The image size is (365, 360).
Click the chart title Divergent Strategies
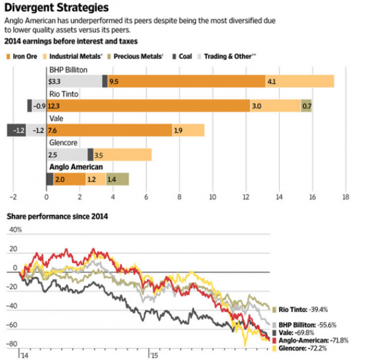click(57, 8)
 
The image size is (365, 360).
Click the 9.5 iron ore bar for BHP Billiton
click(186, 81)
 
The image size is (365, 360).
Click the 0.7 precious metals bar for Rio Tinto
click(306, 106)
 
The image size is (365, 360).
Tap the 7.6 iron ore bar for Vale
click(109, 130)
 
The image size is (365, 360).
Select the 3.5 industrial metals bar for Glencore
click(122, 154)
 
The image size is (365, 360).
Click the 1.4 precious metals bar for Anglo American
click(117, 179)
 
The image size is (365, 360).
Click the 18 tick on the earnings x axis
click(346, 197)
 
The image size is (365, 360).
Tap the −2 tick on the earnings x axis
click(12, 197)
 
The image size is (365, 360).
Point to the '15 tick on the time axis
click(156, 355)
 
